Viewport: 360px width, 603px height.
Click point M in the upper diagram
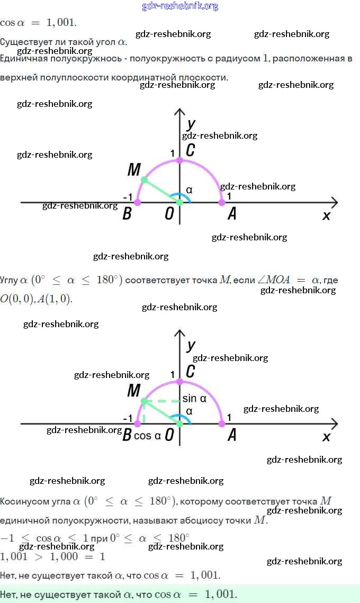click(143, 181)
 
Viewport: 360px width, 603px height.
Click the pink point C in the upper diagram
click(179, 160)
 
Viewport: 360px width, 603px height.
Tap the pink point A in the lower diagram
click(222, 424)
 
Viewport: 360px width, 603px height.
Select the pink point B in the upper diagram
click(138, 202)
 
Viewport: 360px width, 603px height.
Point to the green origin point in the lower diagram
click(179, 424)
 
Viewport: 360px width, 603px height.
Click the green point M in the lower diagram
click(143, 401)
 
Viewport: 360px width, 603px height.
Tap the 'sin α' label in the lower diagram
click(194, 399)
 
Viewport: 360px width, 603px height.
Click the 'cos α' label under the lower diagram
click(147, 436)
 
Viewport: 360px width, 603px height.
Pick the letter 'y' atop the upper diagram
click(191, 124)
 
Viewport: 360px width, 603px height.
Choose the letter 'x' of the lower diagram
click(326, 437)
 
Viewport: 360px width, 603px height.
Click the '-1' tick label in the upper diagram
click(128, 197)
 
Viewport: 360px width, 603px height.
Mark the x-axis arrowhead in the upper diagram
click(334, 202)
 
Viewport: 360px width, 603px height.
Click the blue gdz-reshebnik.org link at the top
click(180, 6)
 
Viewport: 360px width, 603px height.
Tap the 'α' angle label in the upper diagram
click(189, 190)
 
